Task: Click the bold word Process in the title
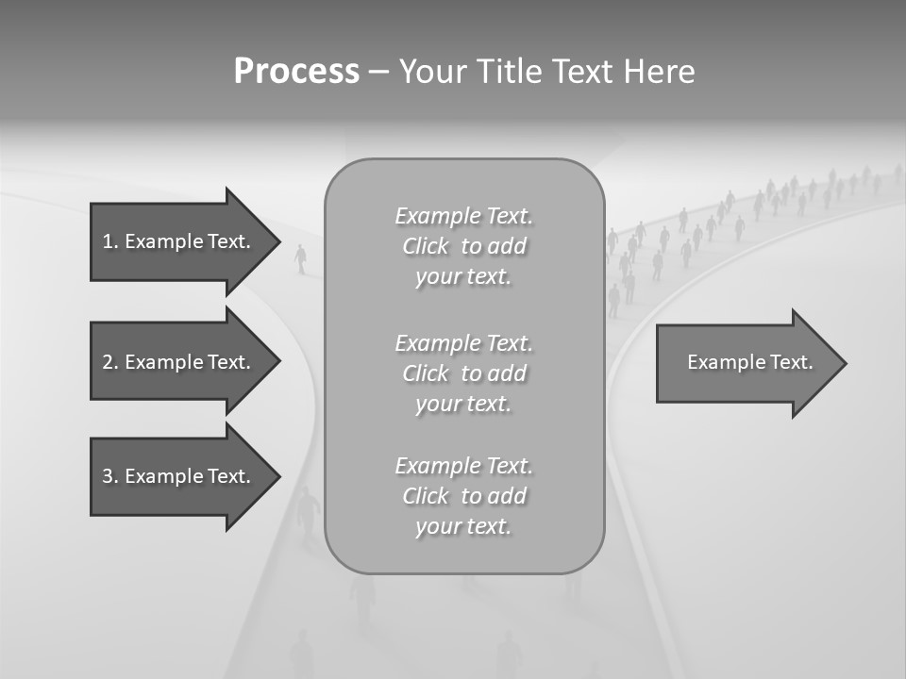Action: click(296, 72)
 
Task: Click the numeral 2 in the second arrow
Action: click(108, 362)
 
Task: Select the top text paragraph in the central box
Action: click(463, 246)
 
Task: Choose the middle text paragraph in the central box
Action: click(463, 373)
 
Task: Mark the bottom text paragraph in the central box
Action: click(463, 496)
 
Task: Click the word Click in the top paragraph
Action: click(426, 247)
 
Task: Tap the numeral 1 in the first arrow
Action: click(108, 241)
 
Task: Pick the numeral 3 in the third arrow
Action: click(108, 476)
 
